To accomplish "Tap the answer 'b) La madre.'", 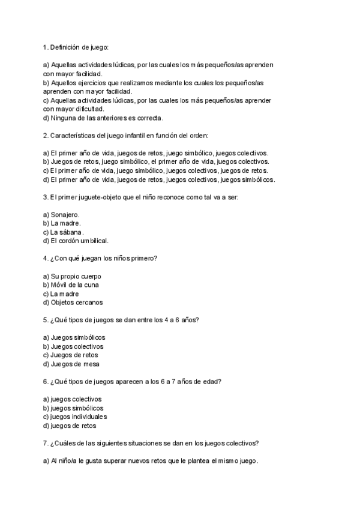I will [x=62, y=223].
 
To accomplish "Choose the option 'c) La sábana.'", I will [x=64, y=232].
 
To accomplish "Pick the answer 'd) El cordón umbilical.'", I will [x=76, y=241].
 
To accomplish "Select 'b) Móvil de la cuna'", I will [x=71, y=285].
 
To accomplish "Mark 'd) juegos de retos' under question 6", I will [x=70, y=426].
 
